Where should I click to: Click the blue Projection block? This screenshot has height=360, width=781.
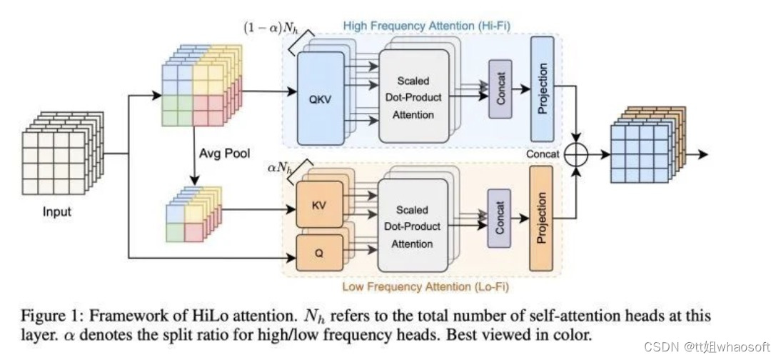(x=543, y=89)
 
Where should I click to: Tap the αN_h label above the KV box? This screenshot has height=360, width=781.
(x=279, y=169)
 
